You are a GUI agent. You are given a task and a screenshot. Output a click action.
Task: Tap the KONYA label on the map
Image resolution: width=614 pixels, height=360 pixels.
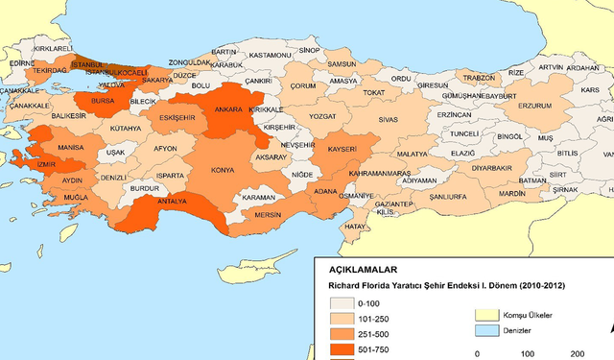223,170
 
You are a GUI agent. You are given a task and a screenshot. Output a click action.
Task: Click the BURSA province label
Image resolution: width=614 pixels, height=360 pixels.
103,100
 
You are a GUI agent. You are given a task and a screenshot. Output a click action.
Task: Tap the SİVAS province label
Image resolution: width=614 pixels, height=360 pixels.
388,119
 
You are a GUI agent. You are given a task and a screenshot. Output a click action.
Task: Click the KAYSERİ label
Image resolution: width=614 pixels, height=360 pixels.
342,150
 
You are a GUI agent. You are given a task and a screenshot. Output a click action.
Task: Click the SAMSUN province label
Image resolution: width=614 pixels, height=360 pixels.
342,64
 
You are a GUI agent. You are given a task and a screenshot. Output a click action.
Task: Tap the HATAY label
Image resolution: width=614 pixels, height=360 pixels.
356,226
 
